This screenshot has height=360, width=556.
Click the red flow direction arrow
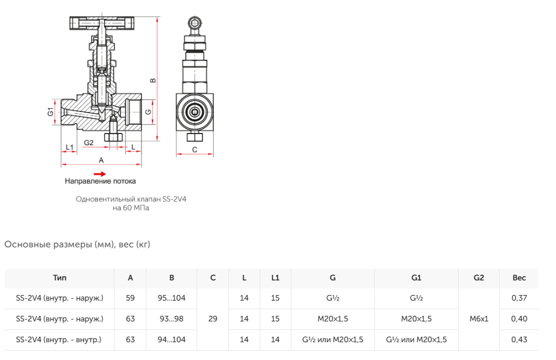pos(100,174)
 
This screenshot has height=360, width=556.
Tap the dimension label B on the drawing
pos(153,81)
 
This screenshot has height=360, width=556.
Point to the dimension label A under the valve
pos(101,160)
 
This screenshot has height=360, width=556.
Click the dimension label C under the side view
pos(195,150)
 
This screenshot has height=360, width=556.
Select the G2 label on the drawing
pos(89,143)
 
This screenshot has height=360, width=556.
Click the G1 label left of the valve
pos(51,111)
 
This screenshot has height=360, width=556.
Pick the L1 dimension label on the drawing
pos(70,147)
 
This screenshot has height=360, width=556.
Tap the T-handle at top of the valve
pos(102,23)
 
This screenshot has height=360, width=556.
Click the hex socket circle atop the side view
pos(195,23)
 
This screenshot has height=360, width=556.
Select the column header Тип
pos(59,278)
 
